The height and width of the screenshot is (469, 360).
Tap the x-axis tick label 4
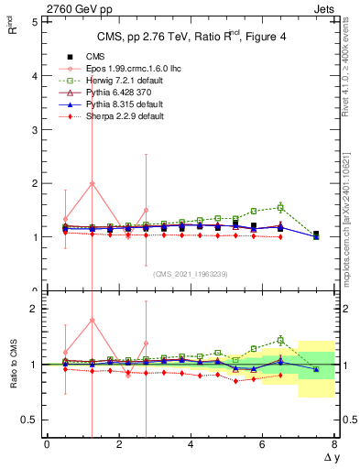[x=191, y=444]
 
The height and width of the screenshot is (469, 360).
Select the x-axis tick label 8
[x=334, y=444]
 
